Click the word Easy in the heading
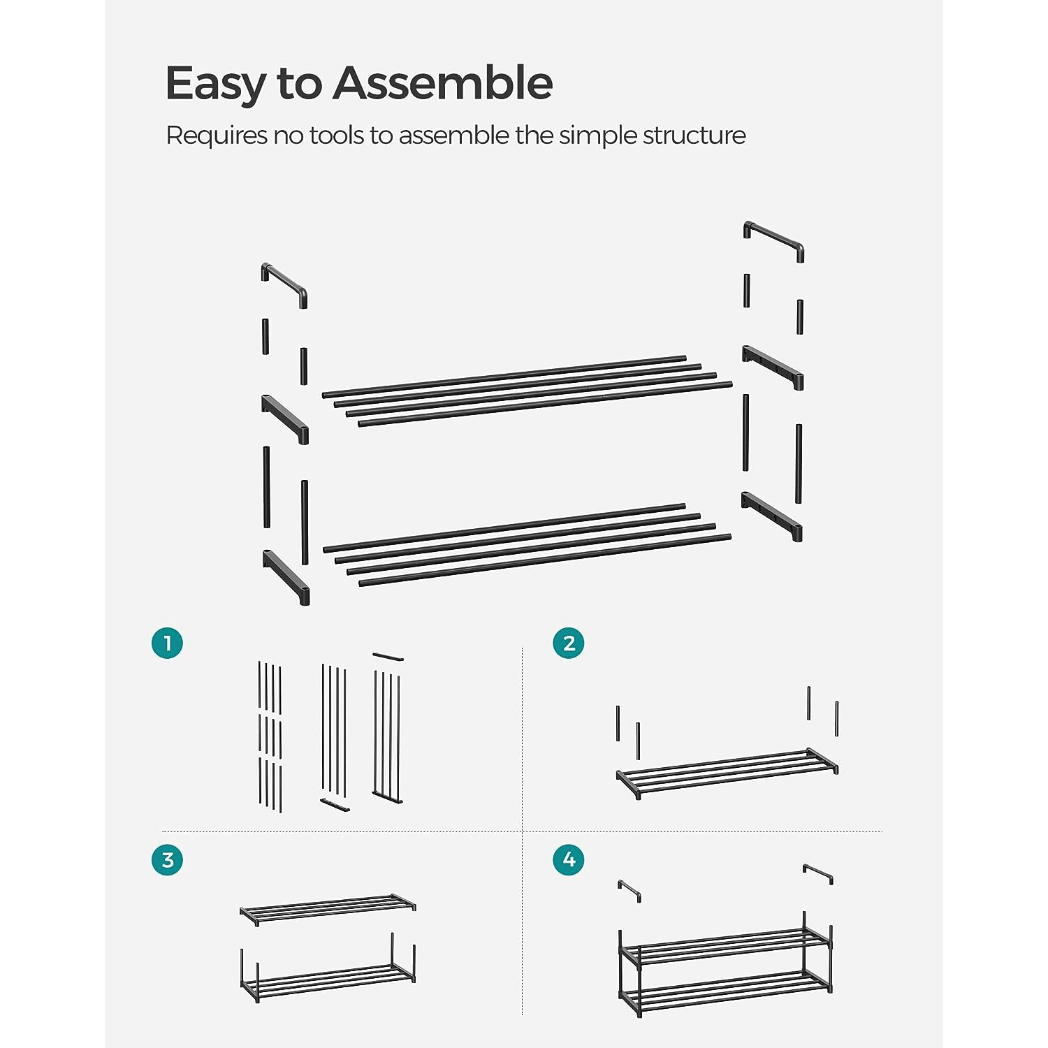[x=215, y=84]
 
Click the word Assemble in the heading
[x=442, y=84]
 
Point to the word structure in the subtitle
[x=694, y=136]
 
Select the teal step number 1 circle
[x=167, y=643]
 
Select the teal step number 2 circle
[x=569, y=643]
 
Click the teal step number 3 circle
[x=167, y=859]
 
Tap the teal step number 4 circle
[x=569, y=859]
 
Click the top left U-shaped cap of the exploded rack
[x=284, y=284]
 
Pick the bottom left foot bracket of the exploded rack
[x=286, y=576]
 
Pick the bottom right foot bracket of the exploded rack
[x=772, y=516]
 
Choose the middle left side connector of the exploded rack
[x=285, y=418]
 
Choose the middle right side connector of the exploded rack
[x=773, y=367]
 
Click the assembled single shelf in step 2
[x=727, y=773]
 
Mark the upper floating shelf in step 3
[x=327, y=908]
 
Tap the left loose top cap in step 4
[x=629, y=889]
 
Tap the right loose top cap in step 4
[x=817, y=873]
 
